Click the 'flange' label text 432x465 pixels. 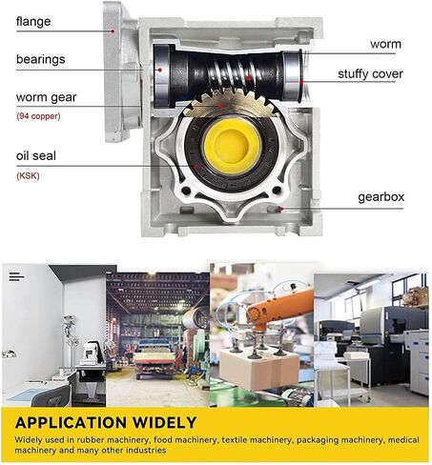33,22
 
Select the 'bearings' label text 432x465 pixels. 41,60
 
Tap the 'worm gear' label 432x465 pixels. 47,97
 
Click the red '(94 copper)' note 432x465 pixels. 38,116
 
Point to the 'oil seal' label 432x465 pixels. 36,155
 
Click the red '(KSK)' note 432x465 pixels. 28,175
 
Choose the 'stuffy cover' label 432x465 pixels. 370,74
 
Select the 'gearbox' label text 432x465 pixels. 381,197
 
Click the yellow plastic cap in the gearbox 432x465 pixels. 232,147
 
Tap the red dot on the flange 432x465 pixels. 113,31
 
